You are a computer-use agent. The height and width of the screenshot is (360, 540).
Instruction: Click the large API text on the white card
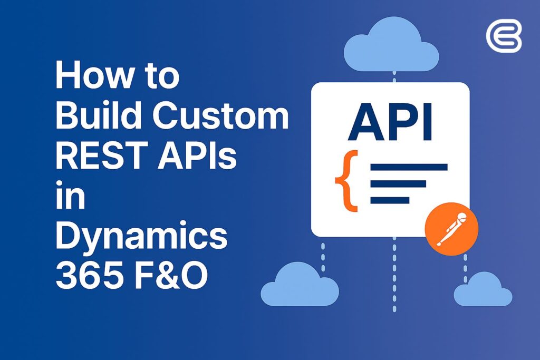390,123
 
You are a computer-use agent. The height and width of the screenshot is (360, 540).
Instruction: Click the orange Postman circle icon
451,231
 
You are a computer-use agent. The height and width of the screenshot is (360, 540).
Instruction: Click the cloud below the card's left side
300,285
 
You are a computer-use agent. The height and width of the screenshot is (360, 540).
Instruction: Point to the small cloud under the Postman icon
482,289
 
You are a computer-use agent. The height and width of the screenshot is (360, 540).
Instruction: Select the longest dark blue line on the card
409,168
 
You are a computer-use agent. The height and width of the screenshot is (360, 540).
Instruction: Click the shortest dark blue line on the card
390,200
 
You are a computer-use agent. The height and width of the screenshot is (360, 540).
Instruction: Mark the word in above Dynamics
70,197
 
